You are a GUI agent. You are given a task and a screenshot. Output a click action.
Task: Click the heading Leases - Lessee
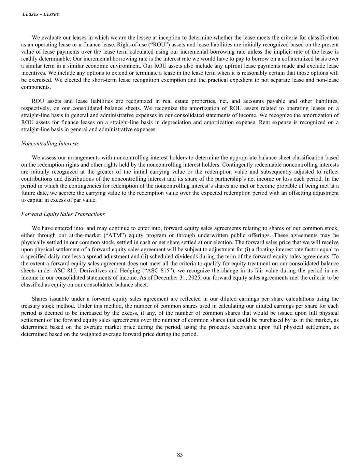[41, 14]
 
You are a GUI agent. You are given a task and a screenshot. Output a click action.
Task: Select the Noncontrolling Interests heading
[50, 143]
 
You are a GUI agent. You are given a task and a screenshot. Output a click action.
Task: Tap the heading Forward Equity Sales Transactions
[63, 214]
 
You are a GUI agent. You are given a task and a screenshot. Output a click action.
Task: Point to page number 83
[180, 455]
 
